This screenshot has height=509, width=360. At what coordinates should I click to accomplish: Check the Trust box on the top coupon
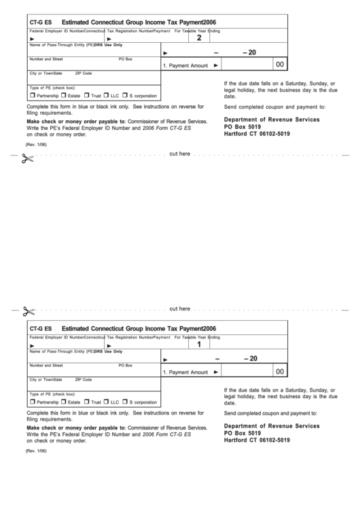click(87, 96)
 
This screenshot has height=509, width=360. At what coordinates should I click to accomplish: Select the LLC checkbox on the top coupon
click(106, 96)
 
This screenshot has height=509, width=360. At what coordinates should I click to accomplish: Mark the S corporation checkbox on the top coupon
click(125, 96)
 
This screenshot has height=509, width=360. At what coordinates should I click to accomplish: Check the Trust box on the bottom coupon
click(87, 402)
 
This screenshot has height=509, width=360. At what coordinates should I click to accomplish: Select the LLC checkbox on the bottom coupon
click(106, 402)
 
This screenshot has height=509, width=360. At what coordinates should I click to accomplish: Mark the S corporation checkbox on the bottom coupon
click(125, 402)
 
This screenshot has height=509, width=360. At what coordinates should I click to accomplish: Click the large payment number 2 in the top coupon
click(199, 39)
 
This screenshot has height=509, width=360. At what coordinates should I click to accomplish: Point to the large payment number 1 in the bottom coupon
click(199, 345)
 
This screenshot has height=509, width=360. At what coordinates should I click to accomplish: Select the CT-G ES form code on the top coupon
click(41, 22)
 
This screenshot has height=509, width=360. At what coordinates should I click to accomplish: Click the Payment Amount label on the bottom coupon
click(185, 372)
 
